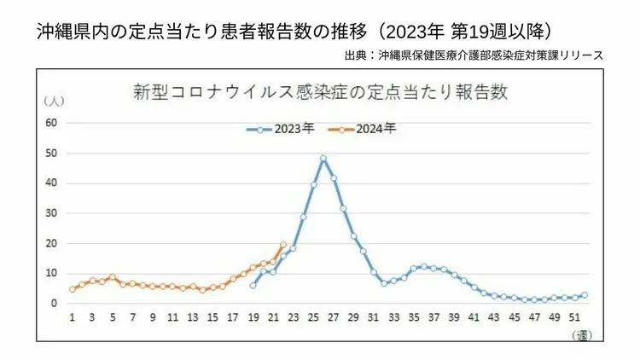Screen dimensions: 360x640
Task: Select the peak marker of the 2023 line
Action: point(323,158)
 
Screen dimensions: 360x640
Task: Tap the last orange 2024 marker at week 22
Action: point(283,244)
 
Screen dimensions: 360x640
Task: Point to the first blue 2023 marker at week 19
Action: point(253,285)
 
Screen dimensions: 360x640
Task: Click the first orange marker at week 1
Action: point(72,289)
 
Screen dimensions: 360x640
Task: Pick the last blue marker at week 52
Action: point(585,294)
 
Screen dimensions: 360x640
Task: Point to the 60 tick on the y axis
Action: point(50,123)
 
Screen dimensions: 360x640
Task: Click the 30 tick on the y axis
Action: point(50,213)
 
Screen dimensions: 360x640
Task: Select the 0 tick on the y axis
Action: point(53,303)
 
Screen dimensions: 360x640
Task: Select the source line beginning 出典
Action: point(474,55)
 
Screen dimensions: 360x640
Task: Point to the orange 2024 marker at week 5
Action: point(112,277)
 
